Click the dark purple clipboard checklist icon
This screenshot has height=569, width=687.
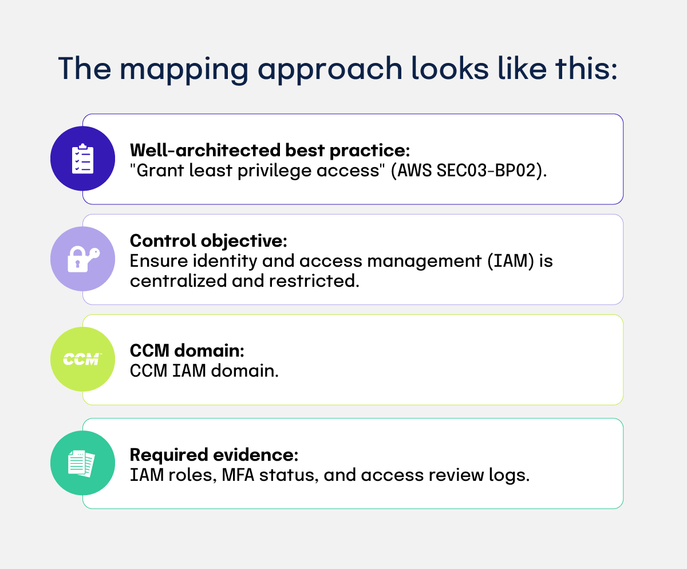pos(83,159)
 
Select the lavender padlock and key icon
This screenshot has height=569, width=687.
pos(83,259)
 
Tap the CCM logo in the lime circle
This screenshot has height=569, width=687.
pos(83,359)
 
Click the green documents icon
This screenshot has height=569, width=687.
pos(83,463)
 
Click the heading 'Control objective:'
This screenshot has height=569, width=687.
pos(208,241)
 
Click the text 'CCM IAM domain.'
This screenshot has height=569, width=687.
pos(204,371)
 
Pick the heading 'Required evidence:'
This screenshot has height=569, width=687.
pos(214,455)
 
